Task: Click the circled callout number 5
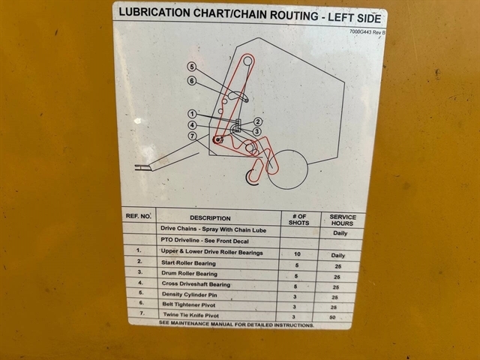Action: coord(192,67)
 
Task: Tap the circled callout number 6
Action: coord(192,81)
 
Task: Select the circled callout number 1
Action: coord(192,114)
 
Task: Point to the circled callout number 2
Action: coord(258,121)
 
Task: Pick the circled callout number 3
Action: coord(256,132)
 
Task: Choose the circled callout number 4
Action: coord(192,125)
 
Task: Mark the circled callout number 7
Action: coord(192,136)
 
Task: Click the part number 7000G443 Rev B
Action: coord(367,31)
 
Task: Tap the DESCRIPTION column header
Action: coord(210,218)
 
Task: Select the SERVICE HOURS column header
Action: coord(343,220)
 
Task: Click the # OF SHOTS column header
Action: coord(298,220)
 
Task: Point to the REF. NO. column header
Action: coord(138,216)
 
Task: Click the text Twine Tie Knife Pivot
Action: coord(191,315)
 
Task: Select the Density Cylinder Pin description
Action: coord(190,295)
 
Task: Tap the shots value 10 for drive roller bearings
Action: coord(297,253)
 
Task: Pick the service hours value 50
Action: coord(332,317)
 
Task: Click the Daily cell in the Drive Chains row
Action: coord(340,233)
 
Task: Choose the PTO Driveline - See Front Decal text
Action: coord(205,241)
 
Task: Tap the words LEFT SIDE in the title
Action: coord(355,18)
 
